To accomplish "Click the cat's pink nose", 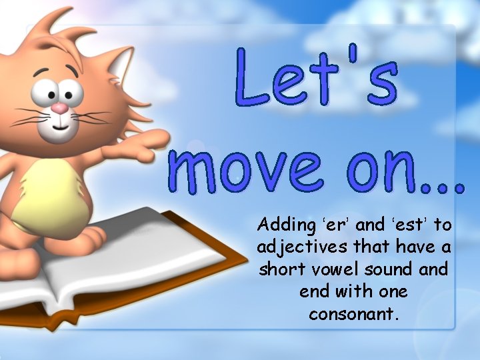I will pyautogui.click(x=60, y=108).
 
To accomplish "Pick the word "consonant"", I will pyautogui.click(x=354, y=313).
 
